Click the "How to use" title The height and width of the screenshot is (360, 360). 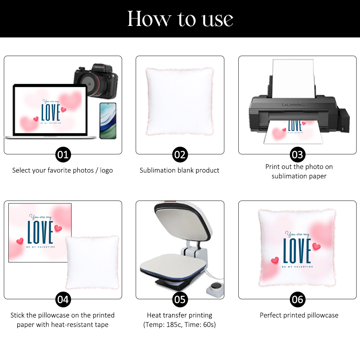click(x=180, y=19)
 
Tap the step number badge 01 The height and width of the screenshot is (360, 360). click(x=63, y=154)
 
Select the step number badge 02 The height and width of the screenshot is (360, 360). click(x=180, y=154)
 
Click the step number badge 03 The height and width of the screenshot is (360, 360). click(x=298, y=154)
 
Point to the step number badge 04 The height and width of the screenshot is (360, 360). click(x=63, y=300)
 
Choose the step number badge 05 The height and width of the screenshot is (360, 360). click(x=180, y=300)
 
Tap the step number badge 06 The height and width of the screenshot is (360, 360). click(x=298, y=300)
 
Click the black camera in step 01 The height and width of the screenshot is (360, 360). click(x=96, y=81)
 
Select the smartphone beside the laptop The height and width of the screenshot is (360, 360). click(x=108, y=121)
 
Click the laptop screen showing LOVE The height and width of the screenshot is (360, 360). click(x=50, y=110)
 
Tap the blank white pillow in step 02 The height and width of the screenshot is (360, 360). click(x=180, y=102)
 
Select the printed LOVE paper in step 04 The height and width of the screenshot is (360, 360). click(x=40, y=233)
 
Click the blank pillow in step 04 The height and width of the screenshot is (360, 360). click(x=92, y=262)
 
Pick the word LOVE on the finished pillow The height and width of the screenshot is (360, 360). click(x=297, y=251)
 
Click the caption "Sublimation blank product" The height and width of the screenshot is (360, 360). click(x=180, y=170)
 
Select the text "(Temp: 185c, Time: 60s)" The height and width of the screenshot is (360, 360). click(x=180, y=325)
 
